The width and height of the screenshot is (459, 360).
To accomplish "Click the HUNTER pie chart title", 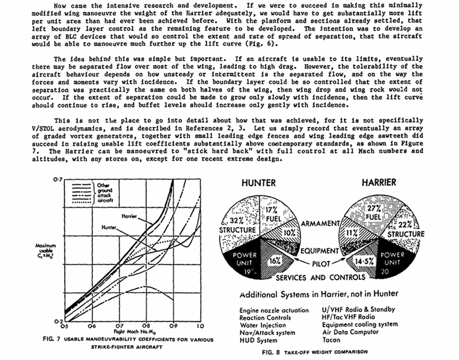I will click(x=259, y=183).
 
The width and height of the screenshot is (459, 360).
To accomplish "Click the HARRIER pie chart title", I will click(x=379, y=182).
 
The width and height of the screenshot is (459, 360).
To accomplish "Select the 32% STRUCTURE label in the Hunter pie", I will click(x=237, y=225).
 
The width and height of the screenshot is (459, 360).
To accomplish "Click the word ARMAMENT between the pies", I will click(x=320, y=224).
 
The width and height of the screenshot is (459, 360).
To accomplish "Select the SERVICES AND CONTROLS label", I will click(x=320, y=277).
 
